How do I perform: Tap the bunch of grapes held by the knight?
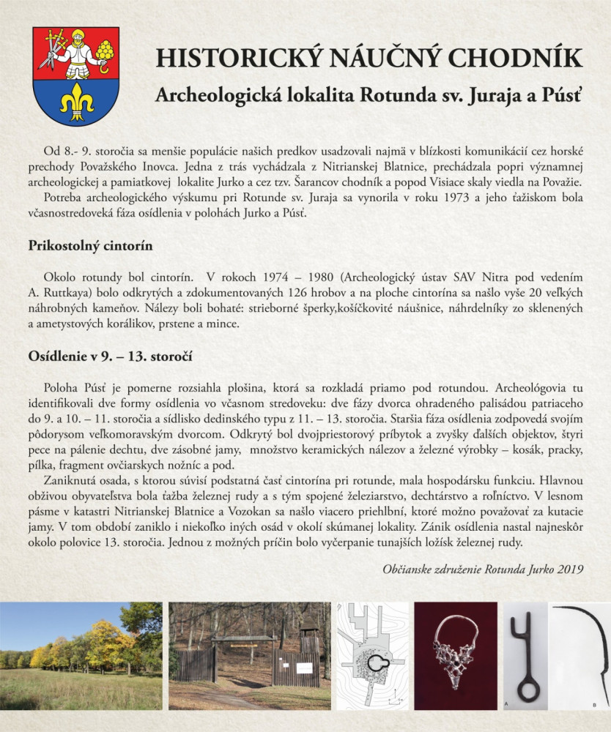pos(105,51)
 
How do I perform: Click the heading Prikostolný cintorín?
pos(90,246)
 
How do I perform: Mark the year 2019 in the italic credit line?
pos(571,568)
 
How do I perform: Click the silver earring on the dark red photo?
pos(454,650)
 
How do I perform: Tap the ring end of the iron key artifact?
pos(528,688)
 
